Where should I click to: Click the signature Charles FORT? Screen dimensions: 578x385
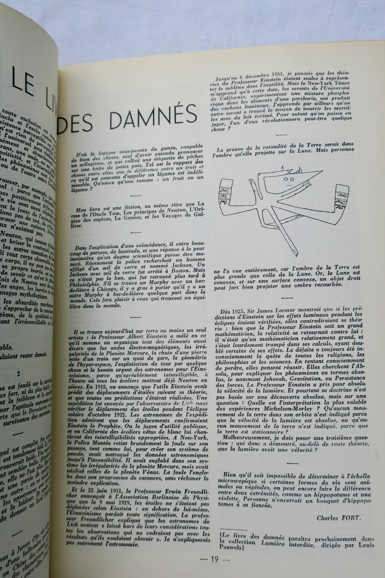339,517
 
